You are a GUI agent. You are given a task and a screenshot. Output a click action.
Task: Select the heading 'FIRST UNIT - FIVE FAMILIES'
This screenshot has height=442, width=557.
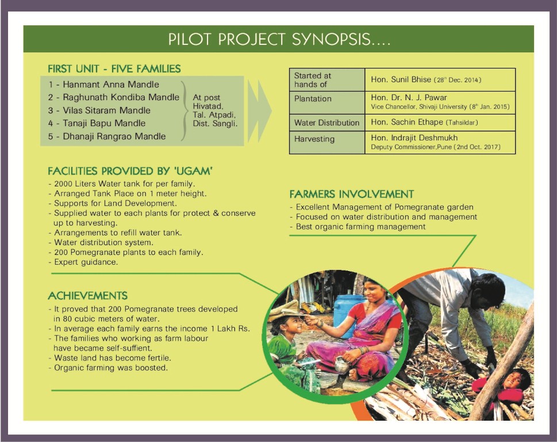pos(114,68)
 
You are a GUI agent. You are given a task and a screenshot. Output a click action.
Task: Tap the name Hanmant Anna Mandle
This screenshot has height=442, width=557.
pos(111,84)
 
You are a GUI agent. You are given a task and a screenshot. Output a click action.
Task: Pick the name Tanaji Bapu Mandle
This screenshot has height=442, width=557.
pos(104,123)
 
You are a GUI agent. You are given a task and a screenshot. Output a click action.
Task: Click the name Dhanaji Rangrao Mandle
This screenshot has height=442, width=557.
pos(114,136)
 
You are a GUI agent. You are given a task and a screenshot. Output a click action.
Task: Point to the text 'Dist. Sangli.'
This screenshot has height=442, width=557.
pos(215,124)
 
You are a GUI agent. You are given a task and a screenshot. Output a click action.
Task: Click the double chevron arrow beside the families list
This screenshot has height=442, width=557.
pos(260,111)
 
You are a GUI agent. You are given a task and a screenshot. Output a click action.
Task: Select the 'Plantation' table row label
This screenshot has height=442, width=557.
pos(313,99)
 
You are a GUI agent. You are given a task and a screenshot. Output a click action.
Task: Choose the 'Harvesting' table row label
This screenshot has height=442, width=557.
pos(314,139)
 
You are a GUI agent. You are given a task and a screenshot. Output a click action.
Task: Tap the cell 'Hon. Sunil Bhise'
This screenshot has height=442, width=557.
pos(401,79)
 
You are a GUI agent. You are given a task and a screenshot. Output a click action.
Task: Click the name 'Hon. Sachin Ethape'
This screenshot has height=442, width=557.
pos(407,122)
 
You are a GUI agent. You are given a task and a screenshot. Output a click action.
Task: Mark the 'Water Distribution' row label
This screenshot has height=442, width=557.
pos(327,123)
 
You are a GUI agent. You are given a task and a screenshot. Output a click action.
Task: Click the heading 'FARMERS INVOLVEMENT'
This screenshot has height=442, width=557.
pos(352,194)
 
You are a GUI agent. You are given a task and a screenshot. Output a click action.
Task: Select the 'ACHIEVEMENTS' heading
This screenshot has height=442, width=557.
pos(88,296)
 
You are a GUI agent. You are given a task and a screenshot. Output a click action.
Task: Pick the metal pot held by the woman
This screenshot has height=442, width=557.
pos(342,365)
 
